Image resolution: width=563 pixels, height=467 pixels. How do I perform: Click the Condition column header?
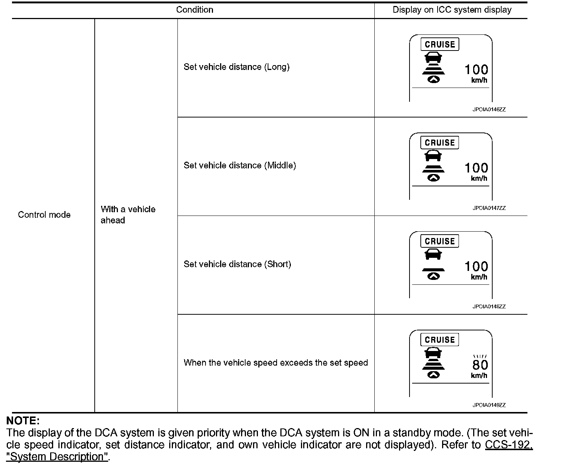[195, 10]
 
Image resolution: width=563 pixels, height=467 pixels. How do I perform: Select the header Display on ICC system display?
[452, 10]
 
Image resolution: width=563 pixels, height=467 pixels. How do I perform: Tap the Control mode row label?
[44, 215]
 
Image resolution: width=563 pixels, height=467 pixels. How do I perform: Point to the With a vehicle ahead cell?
[128, 215]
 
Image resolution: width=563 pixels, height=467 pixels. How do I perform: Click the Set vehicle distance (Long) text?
[237, 67]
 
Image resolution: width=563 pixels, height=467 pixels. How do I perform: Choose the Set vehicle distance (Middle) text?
[240, 165]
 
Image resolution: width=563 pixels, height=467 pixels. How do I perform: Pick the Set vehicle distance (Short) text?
[237, 264]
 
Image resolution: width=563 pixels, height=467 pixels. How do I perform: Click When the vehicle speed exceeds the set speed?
[276, 363]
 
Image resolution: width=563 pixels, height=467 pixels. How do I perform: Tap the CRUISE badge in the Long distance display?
[439, 45]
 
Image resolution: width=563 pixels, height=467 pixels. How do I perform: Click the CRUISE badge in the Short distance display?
[439, 241]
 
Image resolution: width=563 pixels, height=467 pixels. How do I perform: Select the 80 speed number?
[480, 365]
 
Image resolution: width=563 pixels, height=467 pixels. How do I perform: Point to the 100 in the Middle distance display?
[476, 168]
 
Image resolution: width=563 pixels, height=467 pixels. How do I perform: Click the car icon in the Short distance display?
[433, 254]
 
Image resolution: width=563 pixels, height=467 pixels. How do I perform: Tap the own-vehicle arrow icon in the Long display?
[433, 79]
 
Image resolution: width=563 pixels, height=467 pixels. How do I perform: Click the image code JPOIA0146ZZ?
[489, 110]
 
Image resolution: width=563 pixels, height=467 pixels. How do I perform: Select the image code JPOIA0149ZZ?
[489, 405]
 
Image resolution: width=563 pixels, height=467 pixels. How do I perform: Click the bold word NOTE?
[23, 420]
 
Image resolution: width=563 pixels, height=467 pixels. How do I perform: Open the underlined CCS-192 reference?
[508, 445]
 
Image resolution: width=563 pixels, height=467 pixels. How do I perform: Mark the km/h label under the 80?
[479, 376]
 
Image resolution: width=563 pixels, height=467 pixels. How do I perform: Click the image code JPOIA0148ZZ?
[489, 306]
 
